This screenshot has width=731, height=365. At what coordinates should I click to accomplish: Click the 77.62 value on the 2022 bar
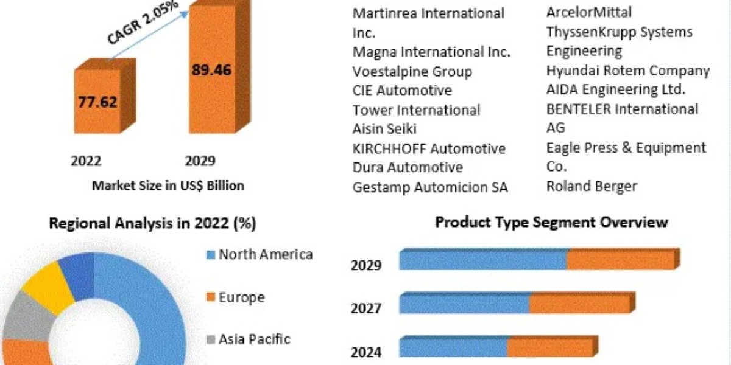97,102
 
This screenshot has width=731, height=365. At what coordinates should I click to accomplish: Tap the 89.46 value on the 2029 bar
211,70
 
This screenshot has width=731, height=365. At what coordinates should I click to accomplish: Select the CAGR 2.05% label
143,21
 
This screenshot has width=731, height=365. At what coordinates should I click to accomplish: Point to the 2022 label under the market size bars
86,161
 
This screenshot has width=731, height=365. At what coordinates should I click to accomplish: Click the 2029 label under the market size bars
200,161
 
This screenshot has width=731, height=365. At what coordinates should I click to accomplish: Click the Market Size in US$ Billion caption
168,186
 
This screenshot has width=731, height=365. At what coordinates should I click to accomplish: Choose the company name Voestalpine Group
412,72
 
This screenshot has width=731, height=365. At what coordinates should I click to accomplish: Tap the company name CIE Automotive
402,90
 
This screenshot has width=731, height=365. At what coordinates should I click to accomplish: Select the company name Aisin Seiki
384,129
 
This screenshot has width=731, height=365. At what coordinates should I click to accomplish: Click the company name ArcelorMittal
589,12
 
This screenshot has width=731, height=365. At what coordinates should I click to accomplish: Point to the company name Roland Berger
592,186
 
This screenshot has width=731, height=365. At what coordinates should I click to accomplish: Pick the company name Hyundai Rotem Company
628,71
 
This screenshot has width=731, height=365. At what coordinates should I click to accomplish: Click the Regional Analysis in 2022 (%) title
153,224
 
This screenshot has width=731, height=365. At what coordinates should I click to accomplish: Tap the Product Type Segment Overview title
552,223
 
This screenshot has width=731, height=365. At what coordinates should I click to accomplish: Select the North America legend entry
260,254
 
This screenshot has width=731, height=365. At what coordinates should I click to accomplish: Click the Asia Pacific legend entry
248,339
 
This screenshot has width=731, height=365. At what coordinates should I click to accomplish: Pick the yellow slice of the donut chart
49,287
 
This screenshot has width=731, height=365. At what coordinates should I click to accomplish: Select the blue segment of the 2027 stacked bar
465,304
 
